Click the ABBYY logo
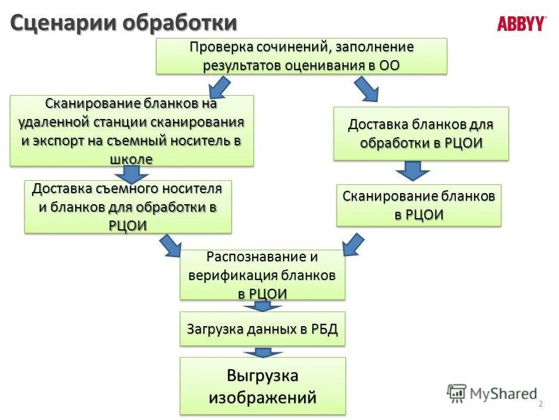521,24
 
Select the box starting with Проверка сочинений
301,56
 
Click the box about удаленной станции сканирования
132,131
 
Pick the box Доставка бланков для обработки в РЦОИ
421,134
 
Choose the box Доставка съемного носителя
128,206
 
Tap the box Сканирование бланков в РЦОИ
419,205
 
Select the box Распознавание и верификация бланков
262,275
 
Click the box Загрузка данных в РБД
262,329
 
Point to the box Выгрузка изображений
262,386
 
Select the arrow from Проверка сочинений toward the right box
366,89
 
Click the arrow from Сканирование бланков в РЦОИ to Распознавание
353,243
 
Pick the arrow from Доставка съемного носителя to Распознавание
170,245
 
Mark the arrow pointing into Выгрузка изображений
263,352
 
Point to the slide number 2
540,404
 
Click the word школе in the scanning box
131,159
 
